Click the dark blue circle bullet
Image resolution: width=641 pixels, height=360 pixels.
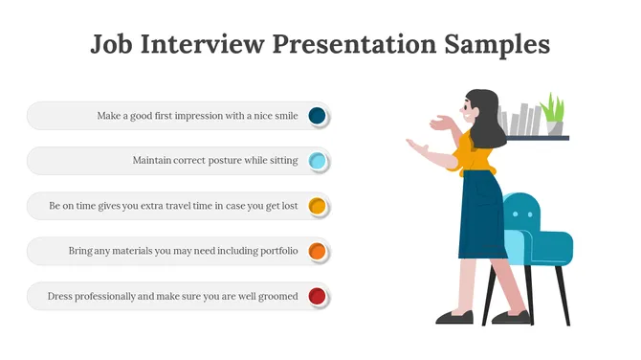[x=318, y=116]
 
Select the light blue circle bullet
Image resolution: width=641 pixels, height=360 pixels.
[x=318, y=161]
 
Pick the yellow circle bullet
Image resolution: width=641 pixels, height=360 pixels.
[x=318, y=206]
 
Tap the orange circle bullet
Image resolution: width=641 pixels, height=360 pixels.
[x=318, y=251]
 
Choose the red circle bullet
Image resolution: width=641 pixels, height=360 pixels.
[x=318, y=296]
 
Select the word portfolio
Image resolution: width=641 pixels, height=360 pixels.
[x=275, y=251]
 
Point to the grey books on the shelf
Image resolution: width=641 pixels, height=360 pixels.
[x=521, y=119]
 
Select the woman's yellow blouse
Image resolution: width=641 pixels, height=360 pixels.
[x=475, y=153]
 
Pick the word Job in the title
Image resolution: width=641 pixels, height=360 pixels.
[x=112, y=44]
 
